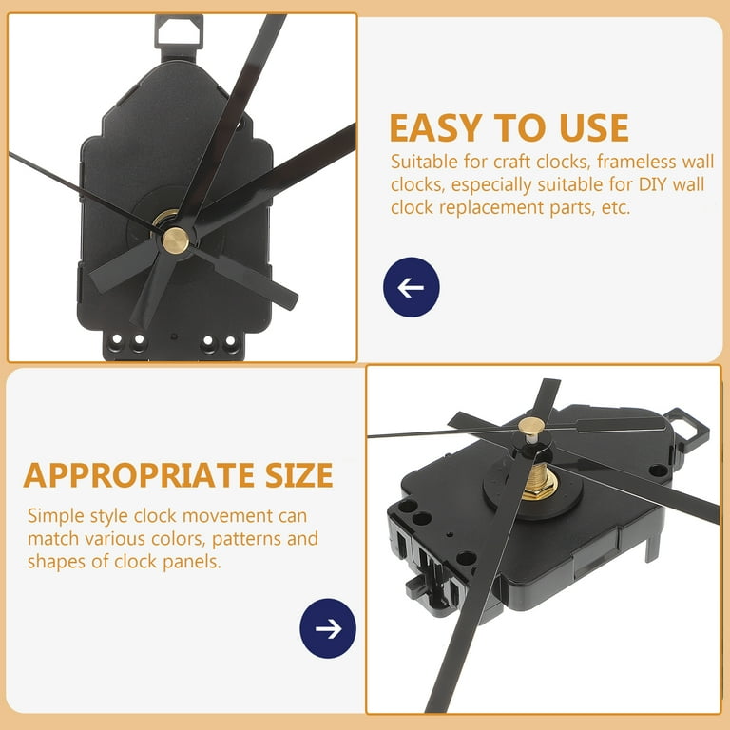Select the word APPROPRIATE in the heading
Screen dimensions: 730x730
[x=139, y=475]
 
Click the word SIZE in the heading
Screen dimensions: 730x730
[x=299, y=475]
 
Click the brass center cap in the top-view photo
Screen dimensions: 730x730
[x=176, y=240]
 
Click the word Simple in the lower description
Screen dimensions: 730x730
[x=55, y=517]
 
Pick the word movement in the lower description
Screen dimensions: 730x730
[x=227, y=516]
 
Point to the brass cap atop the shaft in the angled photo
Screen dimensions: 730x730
[x=530, y=426]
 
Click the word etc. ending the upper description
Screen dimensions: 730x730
[x=616, y=207]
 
